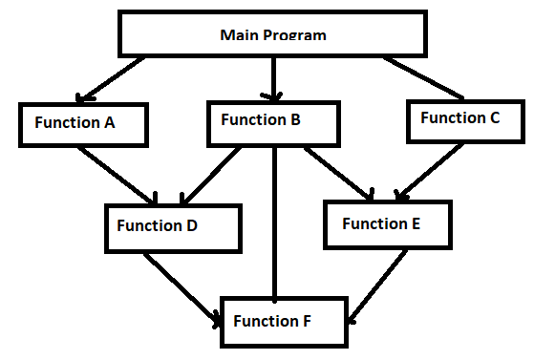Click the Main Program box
[x=273, y=35]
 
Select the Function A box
[x=81, y=123]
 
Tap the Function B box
[x=273, y=123]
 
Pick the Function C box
[x=459, y=119]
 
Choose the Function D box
[x=171, y=227]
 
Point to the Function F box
[x=283, y=321]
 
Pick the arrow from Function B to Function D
[x=211, y=176]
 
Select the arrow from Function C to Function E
[x=432, y=172]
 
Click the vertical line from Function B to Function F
[x=275, y=220]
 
